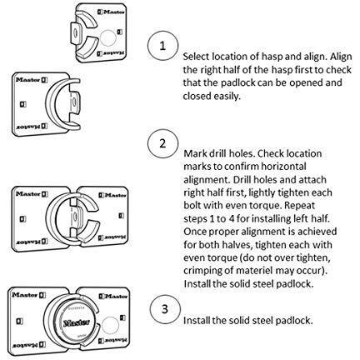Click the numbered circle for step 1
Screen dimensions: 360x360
[x=162, y=46]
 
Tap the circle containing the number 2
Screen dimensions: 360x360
[x=162, y=143]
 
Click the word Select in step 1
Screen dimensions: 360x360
[x=196, y=57]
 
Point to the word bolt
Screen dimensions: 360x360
[x=192, y=205]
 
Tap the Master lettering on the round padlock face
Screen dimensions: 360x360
[x=77, y=322]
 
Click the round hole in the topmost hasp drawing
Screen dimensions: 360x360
[x=107, y=38]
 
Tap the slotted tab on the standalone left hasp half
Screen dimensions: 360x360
[x=74, y=103]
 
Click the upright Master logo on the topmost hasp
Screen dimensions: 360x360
[x=112, y=12]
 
